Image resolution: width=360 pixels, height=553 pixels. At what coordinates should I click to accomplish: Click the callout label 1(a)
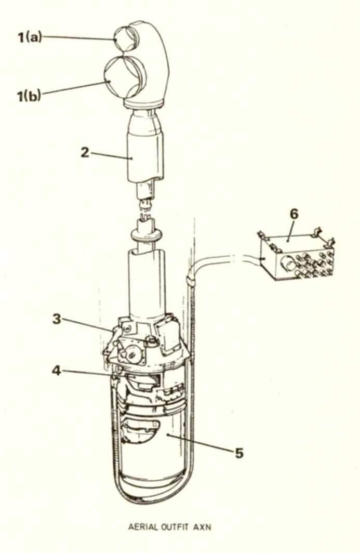[30, 37]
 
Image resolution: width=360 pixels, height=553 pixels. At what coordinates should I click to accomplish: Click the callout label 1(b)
[29, 96]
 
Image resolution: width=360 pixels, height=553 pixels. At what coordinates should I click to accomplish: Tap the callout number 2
[85, 152]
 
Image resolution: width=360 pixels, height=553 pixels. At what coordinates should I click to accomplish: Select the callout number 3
[57, 319]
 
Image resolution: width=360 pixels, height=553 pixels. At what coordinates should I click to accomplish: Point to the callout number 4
[57, 371]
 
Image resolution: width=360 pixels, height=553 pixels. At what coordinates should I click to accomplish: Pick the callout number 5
[239, 453]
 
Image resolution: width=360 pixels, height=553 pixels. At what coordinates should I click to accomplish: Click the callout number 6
[294, 214]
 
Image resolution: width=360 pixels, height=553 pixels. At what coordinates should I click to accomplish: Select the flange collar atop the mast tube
[146, 234]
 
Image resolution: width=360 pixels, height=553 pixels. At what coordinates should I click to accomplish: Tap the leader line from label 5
[200, 443]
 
